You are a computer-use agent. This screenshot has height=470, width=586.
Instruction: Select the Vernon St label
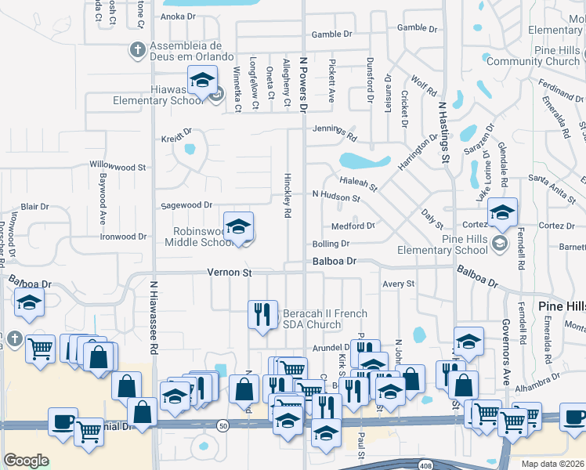click(229, 273)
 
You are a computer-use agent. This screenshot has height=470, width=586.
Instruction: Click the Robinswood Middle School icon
click(238, 228)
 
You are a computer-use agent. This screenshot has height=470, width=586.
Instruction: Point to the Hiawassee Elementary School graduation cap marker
click(201, 80)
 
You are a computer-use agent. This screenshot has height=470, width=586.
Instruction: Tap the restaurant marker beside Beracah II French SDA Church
click(262, 314)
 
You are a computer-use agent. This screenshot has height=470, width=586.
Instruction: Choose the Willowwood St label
click(118, 167)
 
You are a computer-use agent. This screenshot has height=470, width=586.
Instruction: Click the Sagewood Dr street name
click(186, 205)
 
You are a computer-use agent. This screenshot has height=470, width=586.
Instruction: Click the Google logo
click(26, 461)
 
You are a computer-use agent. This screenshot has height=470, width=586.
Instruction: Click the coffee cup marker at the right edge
click(573, 418)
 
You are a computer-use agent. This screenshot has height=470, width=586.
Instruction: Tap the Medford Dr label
click(353, 226)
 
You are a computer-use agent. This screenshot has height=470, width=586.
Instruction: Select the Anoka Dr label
click(177, 16)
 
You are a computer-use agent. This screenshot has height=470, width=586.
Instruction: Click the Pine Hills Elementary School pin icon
click(499, 244)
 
